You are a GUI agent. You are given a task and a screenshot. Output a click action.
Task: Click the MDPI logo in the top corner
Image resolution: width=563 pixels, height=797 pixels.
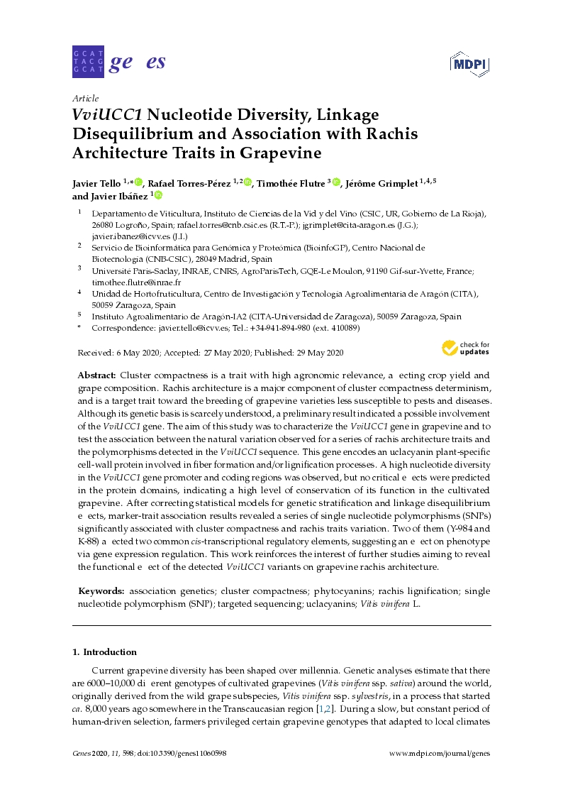pos(470,63)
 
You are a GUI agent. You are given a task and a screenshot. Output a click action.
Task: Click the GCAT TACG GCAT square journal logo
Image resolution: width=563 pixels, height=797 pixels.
pos(89,62)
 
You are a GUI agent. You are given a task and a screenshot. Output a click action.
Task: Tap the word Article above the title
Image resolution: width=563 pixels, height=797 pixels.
pos(86,99)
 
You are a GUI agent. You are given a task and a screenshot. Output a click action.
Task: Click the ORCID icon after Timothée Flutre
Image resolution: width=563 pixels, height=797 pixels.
pos(336,183)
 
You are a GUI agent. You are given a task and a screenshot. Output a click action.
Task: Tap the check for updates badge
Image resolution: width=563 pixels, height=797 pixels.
pos(466,348)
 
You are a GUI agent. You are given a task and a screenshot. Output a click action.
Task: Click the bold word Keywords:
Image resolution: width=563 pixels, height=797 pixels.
pos(101,590)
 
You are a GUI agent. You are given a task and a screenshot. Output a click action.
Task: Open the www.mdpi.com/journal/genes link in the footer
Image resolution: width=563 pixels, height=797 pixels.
pos(440,754)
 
